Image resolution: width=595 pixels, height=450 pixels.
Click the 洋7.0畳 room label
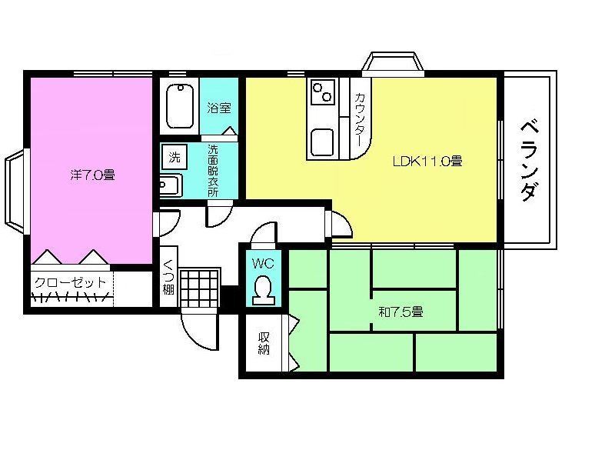[92, 175]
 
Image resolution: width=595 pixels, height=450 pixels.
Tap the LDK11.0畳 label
[427, 161]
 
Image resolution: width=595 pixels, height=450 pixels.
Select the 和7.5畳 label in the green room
[401, 312]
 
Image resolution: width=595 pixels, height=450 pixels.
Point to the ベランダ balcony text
[529, 160]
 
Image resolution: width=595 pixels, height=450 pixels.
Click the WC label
[263, 263]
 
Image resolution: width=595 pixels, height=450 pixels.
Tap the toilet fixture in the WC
[264, 290]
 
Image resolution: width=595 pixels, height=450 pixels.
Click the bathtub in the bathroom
[180, 106]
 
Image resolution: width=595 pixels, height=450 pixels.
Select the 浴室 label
[219, 108]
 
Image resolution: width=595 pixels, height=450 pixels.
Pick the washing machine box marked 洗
[175, 157]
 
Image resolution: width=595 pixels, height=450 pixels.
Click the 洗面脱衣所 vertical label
[213, 171]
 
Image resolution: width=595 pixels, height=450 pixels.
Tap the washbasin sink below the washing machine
[171, 185]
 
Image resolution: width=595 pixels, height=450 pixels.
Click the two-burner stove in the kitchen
[323, 92]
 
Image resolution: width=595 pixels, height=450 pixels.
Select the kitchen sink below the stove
[322, 142]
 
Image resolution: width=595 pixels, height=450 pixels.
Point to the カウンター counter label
[360, 120]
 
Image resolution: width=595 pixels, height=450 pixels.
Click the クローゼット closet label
[70, 283]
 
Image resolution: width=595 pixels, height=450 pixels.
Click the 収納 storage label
[264, 343]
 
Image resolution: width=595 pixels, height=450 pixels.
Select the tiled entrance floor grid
[200, 288]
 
